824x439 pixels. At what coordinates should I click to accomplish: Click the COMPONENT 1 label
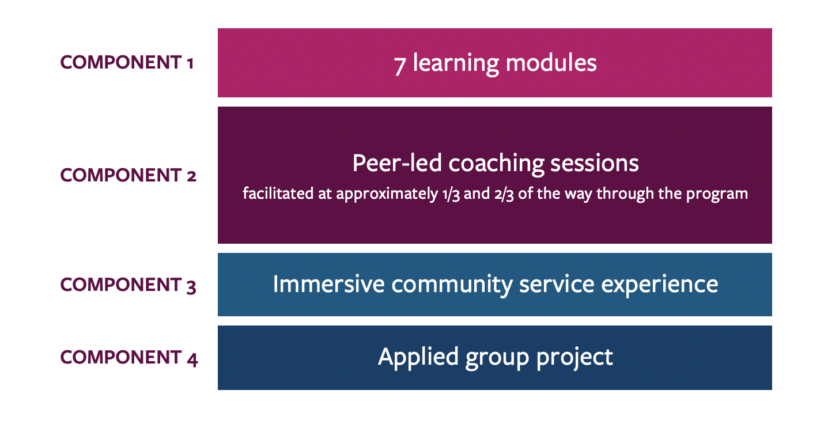127,63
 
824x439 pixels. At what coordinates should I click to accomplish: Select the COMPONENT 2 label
128,175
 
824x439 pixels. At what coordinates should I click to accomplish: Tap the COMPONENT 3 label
128,285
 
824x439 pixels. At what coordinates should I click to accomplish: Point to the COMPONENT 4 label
129,358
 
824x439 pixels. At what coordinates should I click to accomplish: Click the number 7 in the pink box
400,64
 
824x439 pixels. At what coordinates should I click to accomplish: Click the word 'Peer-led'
396,164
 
